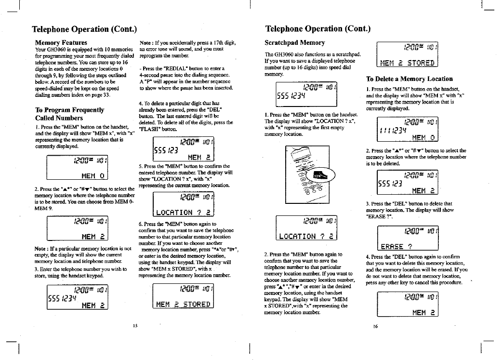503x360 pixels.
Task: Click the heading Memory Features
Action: [61, 43]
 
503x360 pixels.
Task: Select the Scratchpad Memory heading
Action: [295, 43]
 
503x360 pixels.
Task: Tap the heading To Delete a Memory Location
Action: [409, 79]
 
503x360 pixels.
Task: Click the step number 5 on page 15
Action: [140, 166]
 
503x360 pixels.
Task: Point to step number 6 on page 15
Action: [140, 224]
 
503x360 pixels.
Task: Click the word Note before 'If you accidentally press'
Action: [146, 43]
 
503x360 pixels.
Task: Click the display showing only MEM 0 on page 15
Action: [77, 169]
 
